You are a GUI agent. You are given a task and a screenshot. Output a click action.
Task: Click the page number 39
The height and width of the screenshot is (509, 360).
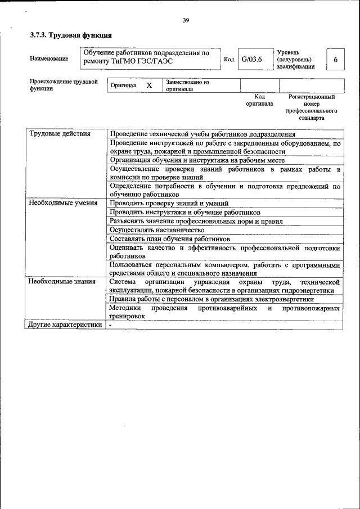[x=186, y=21]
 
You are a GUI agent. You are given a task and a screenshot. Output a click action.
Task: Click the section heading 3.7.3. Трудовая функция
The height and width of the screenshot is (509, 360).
[x=67, y=35]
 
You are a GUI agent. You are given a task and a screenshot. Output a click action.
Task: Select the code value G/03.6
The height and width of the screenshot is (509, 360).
[x=251, y=59]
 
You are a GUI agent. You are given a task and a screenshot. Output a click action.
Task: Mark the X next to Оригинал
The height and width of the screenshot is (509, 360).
[x=149, y=85]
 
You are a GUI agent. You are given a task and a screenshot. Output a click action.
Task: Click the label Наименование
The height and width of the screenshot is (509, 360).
[x=49, y=59]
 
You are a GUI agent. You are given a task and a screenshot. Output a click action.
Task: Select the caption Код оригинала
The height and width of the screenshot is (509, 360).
[x=259, y=100]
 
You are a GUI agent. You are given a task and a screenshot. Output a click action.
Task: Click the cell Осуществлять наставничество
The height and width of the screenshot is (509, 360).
[x=157, y=230]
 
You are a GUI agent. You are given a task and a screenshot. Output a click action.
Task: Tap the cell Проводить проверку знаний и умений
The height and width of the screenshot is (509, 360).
[x=169, y=203]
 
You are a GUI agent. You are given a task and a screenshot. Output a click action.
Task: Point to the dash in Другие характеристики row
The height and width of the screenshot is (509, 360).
[x=111, y=325]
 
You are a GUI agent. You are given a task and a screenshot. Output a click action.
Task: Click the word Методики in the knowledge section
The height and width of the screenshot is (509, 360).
[x=124, y=308]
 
